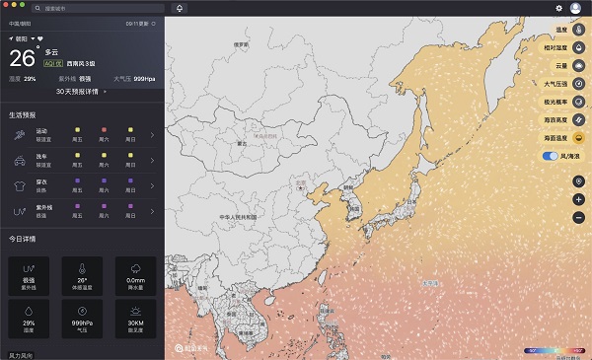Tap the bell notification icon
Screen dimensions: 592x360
point(180,8)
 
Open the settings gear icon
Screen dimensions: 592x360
point(558,8)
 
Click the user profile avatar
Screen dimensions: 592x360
point(575,8)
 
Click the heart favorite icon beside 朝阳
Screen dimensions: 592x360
point(39,38)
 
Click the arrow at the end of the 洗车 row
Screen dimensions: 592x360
point(152,160)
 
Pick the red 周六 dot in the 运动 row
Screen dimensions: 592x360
point(104,130)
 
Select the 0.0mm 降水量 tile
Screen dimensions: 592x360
point(135,275)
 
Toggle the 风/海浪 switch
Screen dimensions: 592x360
point(550,156)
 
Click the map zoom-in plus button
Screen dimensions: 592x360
point(578,199)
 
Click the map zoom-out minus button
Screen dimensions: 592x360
point(578,217)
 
